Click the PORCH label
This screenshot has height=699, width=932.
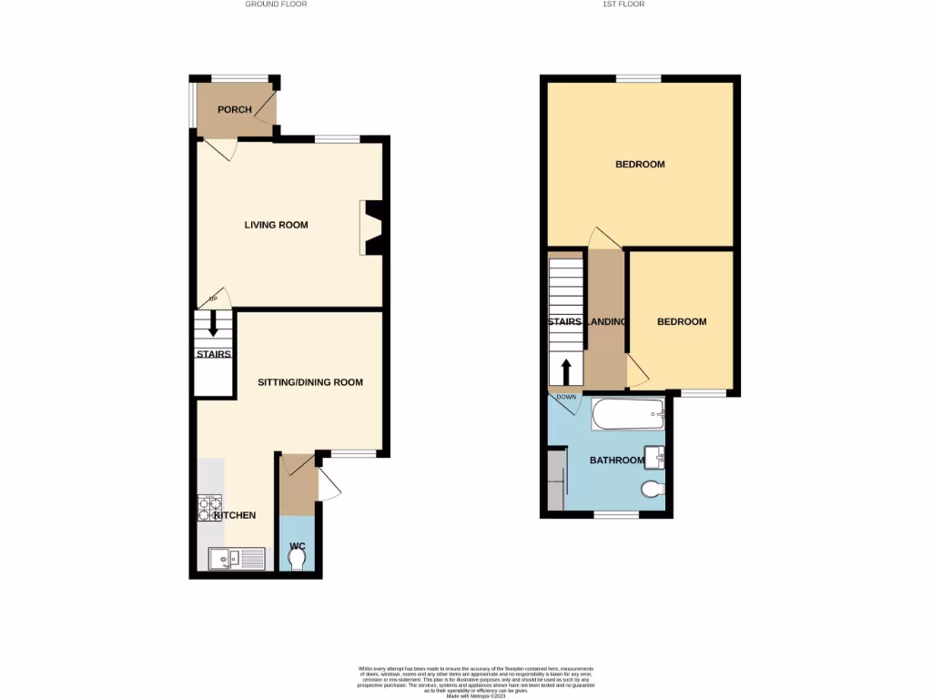tap(234, 110)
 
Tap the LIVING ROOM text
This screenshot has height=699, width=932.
tap(276, 225)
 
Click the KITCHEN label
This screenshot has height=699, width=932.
tap(235, 516)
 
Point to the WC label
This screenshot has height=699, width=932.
tap(297, 547)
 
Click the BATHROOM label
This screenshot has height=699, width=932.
tap(616, 461)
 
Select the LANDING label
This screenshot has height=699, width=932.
tap(606, 322)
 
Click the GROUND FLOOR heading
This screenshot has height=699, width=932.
tap(276, 5)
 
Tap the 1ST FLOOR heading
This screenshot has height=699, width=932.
tap(623, 5)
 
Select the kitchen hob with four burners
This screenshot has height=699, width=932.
tap(209, 508)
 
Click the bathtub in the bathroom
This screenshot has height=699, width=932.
tap(628, 415)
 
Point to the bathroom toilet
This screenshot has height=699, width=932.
tap(652, 490)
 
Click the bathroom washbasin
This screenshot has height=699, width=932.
tap(654, 455)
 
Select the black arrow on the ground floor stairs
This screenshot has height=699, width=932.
tap(214, 324)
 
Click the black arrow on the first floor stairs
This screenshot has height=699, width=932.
tap(566, 371)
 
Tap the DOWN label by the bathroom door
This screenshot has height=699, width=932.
tap(566, 398)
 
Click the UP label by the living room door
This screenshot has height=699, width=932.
tap(214, 299)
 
